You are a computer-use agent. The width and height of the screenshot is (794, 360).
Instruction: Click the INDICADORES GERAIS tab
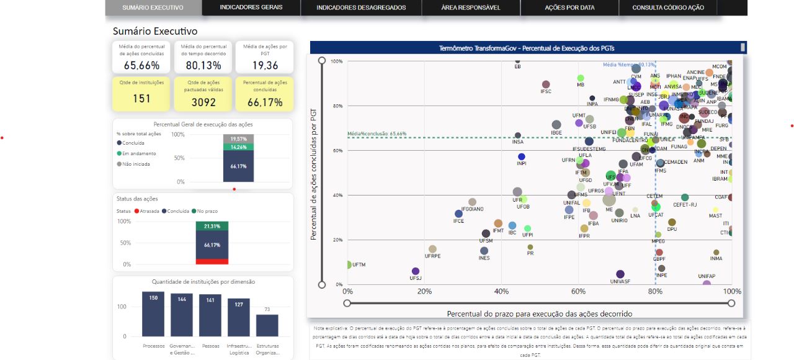tap(251, 7)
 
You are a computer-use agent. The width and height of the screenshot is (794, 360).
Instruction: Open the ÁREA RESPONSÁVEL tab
tap(470, 7)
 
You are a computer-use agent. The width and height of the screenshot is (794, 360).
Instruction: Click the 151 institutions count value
tap(141, 99)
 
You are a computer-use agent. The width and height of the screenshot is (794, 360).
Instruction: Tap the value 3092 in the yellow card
tap(203, 102)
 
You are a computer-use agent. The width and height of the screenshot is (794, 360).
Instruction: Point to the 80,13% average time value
tap(203, 65)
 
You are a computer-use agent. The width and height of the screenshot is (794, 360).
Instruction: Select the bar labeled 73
tap(267, 325)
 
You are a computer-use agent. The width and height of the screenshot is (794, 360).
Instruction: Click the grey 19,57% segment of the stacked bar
tap(238, 138)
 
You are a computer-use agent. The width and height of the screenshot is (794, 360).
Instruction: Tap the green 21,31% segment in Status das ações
tap(212, 226)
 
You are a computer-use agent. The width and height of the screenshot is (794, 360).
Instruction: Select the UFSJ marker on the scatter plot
tap(416, 271)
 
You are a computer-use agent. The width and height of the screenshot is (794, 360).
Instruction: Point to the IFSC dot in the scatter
tap(546, 84)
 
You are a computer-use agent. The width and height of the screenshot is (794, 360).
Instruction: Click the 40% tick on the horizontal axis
tap(501, 291)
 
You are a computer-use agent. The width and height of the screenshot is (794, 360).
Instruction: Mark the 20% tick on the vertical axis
tap(338, 240)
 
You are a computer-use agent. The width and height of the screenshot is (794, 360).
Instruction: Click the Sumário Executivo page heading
tap(155, 30)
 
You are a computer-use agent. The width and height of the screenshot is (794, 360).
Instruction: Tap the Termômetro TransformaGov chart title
tap(527, 47)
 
